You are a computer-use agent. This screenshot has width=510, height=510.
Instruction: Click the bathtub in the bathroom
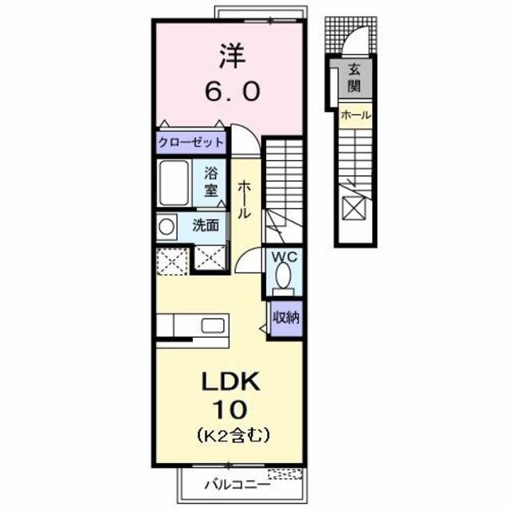tap(175, 183)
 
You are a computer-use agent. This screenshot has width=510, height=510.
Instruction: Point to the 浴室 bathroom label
tap(210, 181)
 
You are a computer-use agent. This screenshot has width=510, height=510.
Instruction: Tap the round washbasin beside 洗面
tap(167, 226)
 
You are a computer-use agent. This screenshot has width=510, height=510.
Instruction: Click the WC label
tap(284, 257)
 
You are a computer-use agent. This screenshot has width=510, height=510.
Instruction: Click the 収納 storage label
tap(285, 317)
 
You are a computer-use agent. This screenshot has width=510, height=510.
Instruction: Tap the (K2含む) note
tap(232, 436)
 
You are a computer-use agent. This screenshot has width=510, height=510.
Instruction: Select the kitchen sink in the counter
tap(214, 325)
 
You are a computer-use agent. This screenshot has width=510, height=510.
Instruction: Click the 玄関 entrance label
tap(353, 77)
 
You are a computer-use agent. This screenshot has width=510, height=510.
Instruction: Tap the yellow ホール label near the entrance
tap(355, 115)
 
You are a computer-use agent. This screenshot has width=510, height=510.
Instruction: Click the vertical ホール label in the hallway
tap(244, 199)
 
